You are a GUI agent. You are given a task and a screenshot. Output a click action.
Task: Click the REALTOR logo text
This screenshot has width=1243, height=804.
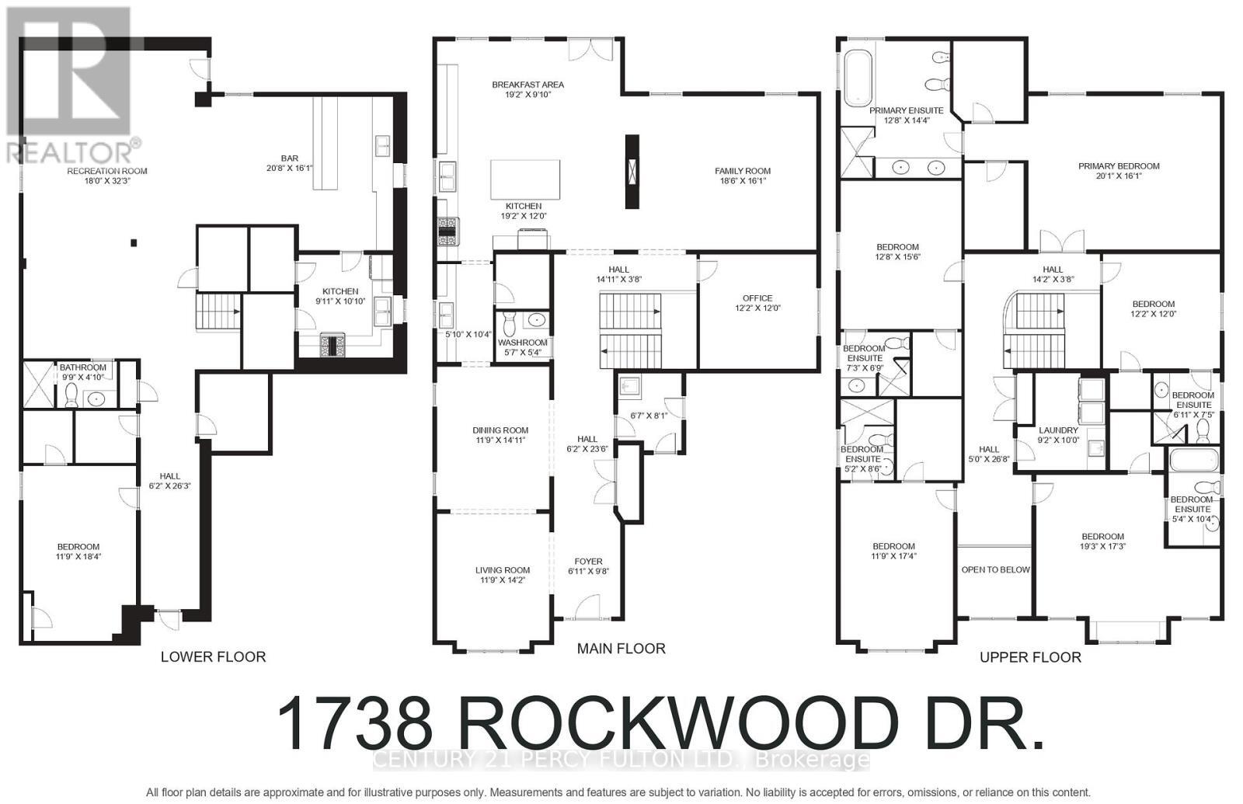click(73, 149)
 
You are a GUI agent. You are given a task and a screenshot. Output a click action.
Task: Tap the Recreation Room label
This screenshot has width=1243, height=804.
click(107, 171)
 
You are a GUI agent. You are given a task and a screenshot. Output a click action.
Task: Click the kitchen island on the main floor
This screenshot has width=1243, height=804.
click(525, 179)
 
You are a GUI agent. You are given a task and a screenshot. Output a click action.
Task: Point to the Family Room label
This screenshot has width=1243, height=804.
click(743, 171)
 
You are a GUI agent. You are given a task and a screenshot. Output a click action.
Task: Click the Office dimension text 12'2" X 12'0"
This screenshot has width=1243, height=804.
click(757, 308)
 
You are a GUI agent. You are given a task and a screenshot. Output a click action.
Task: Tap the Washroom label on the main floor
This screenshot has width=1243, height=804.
click(522, 343)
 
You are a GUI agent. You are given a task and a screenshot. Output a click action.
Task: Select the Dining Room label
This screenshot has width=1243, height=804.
click(500, 430)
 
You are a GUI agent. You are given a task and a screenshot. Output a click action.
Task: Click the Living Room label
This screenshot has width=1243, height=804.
click(503, 570)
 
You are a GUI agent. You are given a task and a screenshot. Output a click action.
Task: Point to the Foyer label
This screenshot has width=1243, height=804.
click(588, 562)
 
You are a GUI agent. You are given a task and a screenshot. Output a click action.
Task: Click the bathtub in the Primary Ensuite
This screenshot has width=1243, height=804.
click(858, 78)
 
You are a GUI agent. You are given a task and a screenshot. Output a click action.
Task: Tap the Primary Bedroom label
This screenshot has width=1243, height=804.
click(1119, 165)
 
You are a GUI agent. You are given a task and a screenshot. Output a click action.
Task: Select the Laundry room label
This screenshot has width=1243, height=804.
click(1058, 430)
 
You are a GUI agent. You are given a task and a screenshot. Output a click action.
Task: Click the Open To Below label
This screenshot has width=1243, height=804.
click(995, 569)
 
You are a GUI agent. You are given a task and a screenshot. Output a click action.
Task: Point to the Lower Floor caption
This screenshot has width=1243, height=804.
click(213, 657)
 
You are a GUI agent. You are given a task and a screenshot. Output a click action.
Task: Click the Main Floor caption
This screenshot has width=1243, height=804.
click(621, 649)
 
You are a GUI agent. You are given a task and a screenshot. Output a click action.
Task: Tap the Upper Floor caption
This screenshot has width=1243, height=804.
click(1030, 657)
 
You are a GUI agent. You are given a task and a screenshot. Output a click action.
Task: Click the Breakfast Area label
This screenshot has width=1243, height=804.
click(527, 85)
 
